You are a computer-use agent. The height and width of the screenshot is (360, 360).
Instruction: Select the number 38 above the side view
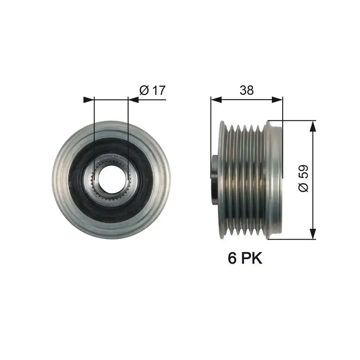246,90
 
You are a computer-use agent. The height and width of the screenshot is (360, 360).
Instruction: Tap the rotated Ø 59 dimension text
304,180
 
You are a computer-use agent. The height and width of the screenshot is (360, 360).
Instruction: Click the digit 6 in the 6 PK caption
232,258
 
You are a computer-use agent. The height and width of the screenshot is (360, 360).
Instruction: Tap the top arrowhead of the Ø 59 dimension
312,125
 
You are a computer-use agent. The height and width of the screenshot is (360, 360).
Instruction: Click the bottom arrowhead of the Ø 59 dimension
312,235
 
